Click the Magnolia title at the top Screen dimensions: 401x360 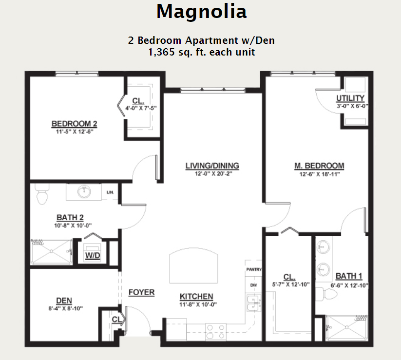point(202,11)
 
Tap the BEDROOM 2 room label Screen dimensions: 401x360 point(75,124)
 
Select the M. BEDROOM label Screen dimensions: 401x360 point(319,166)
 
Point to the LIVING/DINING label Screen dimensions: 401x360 point(212,166)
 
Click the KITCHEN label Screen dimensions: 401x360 point(196,296)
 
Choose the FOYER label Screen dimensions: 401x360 point(141,292)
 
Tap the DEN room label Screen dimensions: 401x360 point(64,301)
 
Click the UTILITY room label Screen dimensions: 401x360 point(350,98)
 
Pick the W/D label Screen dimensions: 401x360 point(93,255)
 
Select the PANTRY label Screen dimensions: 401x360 point(254,269)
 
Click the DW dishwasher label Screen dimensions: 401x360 point(253,285)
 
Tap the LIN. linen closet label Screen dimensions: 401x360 point(110,192)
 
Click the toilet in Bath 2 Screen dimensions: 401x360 point(42,194)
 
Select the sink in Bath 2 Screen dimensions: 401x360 point(84,191)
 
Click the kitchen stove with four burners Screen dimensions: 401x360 point(216,332)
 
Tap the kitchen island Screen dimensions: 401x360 point(193,265)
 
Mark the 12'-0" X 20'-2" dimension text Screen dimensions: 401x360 point(213,174)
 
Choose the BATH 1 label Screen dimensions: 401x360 point(349,276)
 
